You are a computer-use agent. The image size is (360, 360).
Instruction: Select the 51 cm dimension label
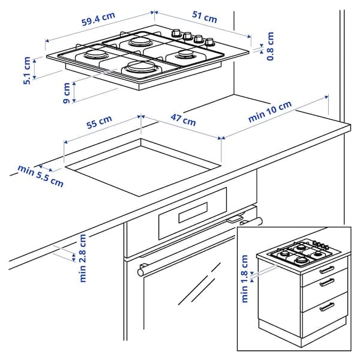[204, 19]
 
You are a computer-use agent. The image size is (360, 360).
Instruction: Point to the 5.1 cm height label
[27, 70]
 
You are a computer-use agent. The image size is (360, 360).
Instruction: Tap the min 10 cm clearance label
[270, 112]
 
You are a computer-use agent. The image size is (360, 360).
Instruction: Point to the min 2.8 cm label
[82, 258]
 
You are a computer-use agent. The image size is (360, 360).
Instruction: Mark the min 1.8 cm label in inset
[245, 279]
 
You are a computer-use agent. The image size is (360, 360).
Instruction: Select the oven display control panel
[192, 213]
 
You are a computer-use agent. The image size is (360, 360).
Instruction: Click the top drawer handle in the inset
[326, 269]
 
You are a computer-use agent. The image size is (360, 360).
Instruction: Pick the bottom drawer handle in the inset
[326, 307]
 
